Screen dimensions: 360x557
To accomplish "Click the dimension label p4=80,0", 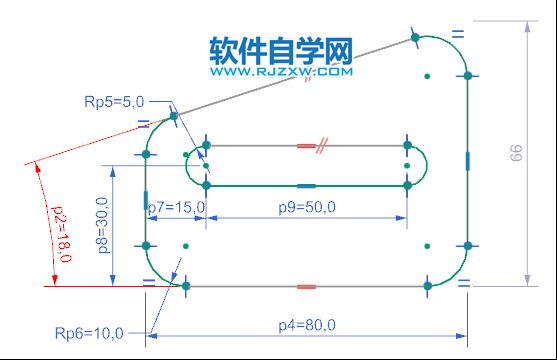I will click(307, 324).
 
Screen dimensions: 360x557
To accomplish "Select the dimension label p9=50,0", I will click(307, 207).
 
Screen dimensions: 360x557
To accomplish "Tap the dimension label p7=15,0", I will click(176, 207).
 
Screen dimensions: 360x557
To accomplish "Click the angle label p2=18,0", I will click(60, 230).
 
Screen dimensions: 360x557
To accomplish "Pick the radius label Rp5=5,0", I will click(115, 101).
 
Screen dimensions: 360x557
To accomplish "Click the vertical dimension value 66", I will click(516, 153).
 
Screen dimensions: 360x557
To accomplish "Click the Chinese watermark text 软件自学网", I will click(281, 51).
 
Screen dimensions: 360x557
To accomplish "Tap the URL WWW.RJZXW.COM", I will click(281, 72).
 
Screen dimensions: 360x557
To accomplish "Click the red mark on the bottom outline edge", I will click(307, 286).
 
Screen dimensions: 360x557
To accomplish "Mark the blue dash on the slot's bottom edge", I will click(307, 186).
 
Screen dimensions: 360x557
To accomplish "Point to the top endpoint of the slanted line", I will click(414, 39).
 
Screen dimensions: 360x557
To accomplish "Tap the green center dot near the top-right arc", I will click(427, 75).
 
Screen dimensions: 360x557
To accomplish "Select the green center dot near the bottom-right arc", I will click(427, 244).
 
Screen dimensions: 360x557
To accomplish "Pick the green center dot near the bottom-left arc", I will click(185, 245).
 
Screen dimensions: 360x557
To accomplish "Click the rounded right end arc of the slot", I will click(427, 166).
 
